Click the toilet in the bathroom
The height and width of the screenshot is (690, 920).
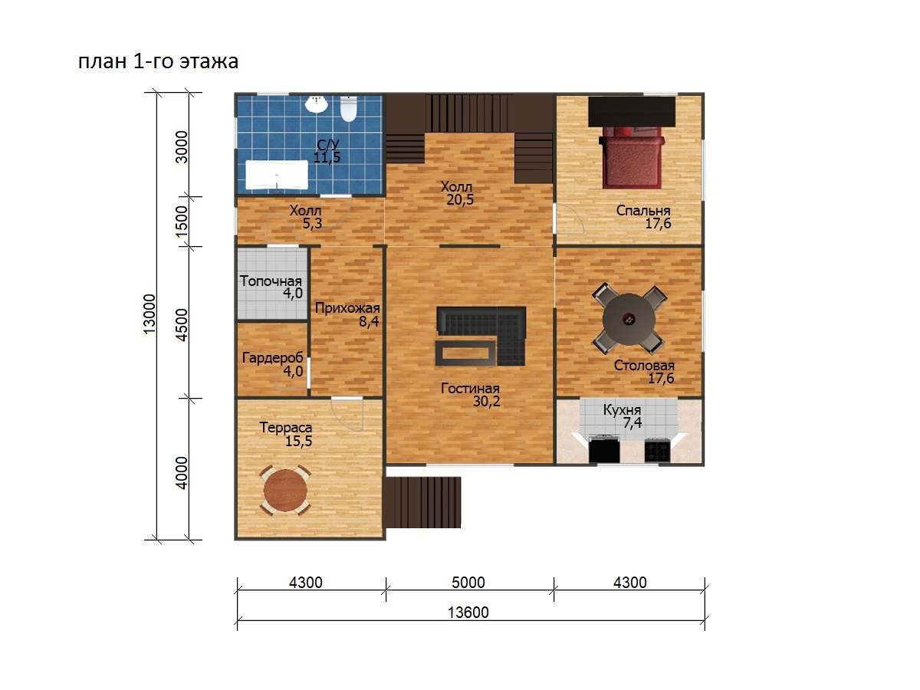[x=348, y=109]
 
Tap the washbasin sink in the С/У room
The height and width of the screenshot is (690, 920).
[x=317, y=104]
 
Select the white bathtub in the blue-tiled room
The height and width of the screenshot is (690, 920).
[x=277, y=175]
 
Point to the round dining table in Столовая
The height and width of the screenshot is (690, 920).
[x=629, y=319]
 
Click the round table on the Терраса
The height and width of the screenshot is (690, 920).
[x=285, y=490]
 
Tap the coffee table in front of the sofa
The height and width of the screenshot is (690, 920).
[x=465, y=353]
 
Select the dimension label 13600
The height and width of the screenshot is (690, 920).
[x=468, y=613]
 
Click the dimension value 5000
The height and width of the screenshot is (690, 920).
[x=468, y=583]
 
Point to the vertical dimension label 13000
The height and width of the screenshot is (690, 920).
[x=149, y=314]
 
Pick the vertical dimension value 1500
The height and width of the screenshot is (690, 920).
[x=182, y=222]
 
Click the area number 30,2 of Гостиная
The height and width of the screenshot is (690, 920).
[x=486, y=401]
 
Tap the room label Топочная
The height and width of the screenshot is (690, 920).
[x=271, y=281]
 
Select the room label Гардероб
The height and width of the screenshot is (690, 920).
[x=272, y=358]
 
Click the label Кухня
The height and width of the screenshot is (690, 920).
[x=622, y=409]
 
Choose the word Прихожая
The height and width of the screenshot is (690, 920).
[x=347, y=308]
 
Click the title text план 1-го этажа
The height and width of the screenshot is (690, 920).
[x=158, y=61]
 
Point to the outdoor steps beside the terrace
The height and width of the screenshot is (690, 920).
[x=423, y=502]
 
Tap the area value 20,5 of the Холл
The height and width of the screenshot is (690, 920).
[x=460, y=200]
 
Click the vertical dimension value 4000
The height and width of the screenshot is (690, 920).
[x=182, y=473]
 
